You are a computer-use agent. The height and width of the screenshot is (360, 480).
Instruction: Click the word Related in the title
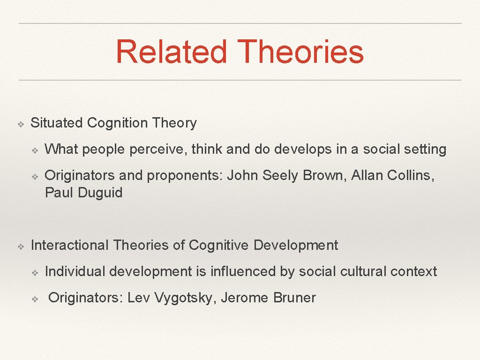(x=171, y=52)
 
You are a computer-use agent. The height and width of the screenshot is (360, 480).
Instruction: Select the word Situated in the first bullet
(x=57, y=123)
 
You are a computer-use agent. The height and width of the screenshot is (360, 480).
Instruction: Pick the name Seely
(x=281, y=175)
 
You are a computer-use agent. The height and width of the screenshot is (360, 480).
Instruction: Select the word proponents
(x=185, y=175)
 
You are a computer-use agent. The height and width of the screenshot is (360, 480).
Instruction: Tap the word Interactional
(x=69, y=245)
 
